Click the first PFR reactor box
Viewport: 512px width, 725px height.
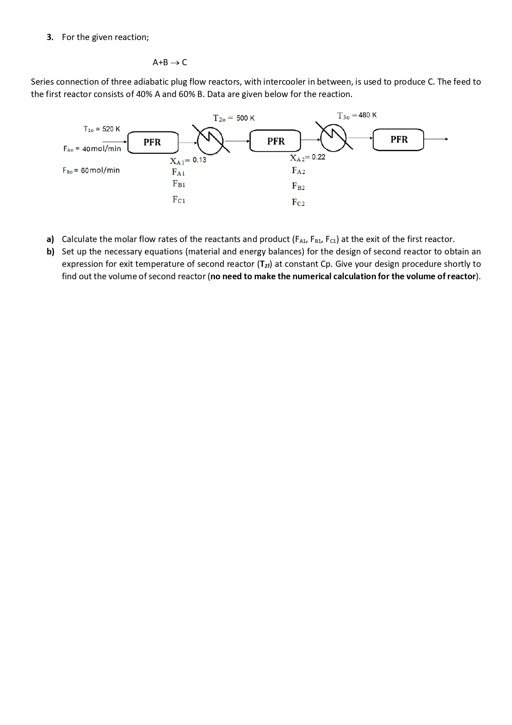(152, 142)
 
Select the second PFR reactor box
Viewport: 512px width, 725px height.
(276, 141)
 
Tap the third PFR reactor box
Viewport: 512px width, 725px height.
(399, 139)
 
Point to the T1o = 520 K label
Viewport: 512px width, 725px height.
(101, 129)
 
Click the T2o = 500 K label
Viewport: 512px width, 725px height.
(234, 118)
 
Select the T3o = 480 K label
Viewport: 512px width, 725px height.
(356, 115)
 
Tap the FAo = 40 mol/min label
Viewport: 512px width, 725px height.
(92, 149)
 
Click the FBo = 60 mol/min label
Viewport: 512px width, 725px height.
(91, 170)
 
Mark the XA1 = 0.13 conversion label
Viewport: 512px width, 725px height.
(188, 160)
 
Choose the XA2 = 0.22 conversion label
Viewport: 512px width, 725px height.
(307, 157)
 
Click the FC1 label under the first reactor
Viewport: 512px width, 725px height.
(179, 200)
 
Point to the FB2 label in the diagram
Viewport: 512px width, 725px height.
(298, 186)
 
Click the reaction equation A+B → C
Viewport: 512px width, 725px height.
(170, 62)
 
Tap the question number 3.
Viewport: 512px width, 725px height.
(50, 37)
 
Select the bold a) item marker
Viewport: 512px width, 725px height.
(50, 239)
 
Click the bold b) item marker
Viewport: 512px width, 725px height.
(50, 252)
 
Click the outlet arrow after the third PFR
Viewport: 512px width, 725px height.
(436, 139)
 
